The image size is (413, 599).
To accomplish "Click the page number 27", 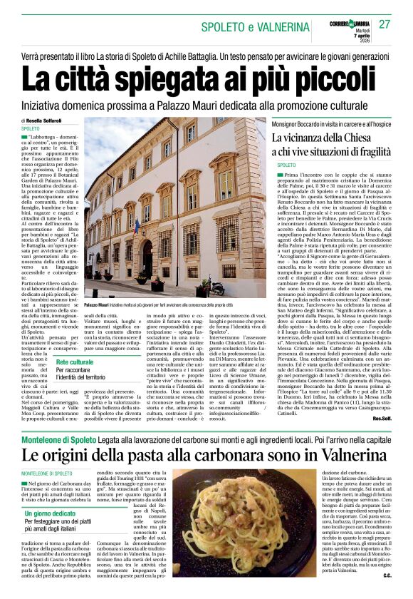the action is (x=385, y=25).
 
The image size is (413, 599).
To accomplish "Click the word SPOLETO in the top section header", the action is (x=227, y=27).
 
